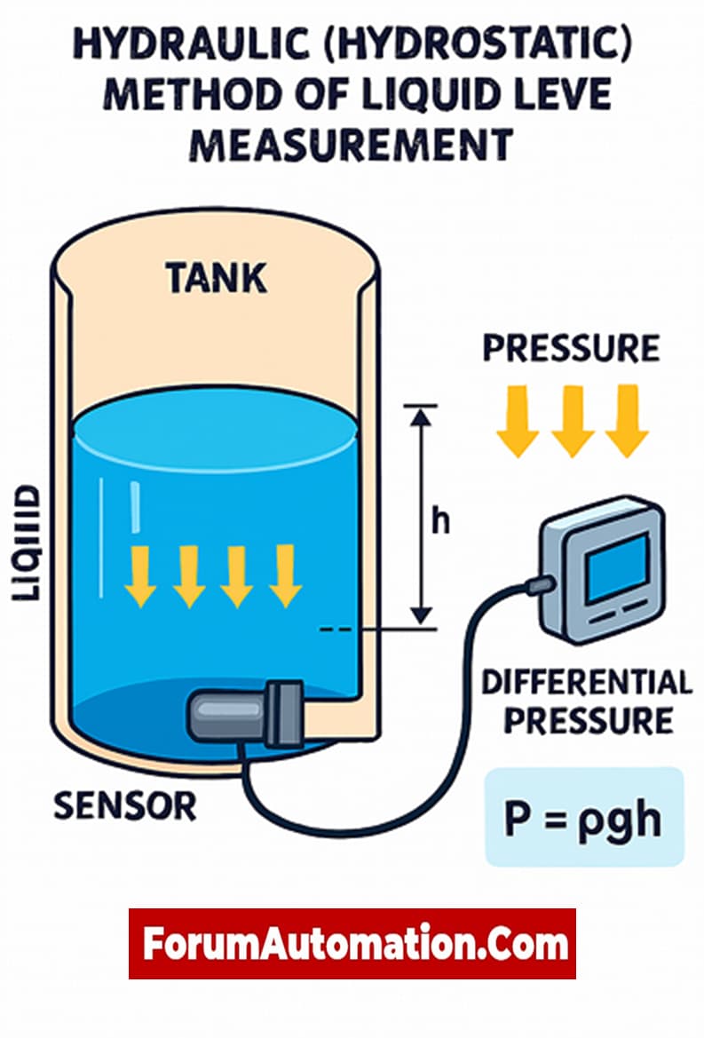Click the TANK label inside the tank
pyautogui.click(x=216, y=279)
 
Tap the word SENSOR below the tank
pyautogui.click(x=124, y=805)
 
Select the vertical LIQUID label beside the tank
pyautogui.click(x=28, y=543)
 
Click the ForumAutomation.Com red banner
pyautogui.click(x=352, y=944)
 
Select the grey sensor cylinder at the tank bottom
pyautogui.click(x=226, y=714)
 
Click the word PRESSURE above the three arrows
pyautogui.click(x=570, y=349)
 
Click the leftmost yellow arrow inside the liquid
pyautogui.click(x=140, y=575)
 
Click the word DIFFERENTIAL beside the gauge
pyautogui.click(x=586, y=683)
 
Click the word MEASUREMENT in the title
pyautogui.click(x=352, y=144)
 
